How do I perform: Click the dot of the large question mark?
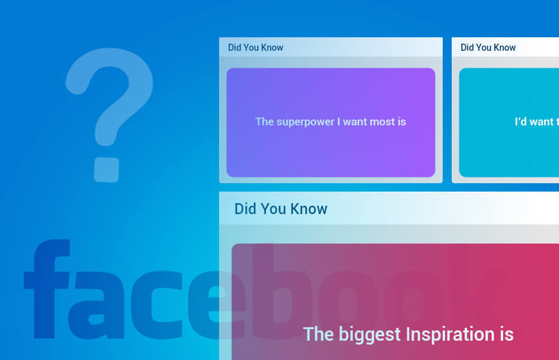pyautogui.click(x=107, y=168)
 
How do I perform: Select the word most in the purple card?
pyautogui.click(x=383, y=122)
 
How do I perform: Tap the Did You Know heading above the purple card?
pyautogui.click(x=255, y=48)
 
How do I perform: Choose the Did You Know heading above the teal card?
pyautogui.click(x=488, y=48)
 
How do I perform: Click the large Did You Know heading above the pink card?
pyautogui.click(x=281, y=209)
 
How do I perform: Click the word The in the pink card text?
pyautogui.click(x=317, y=334)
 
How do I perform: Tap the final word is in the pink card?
pyautogui.click(x=505, y=334)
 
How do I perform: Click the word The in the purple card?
pyautogui.click(x=264, y=122)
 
